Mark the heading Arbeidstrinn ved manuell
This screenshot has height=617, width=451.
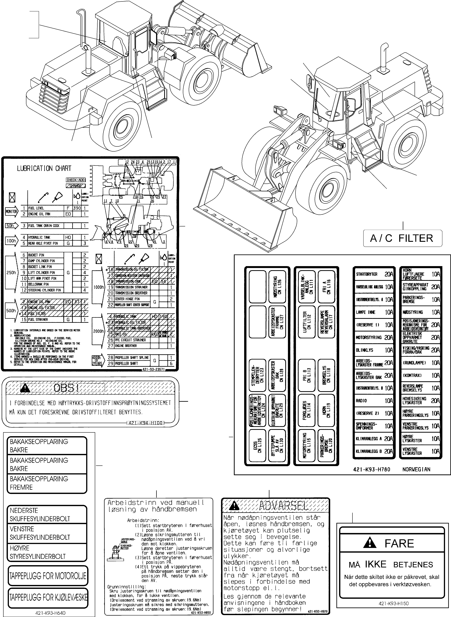tap(156, 502)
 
